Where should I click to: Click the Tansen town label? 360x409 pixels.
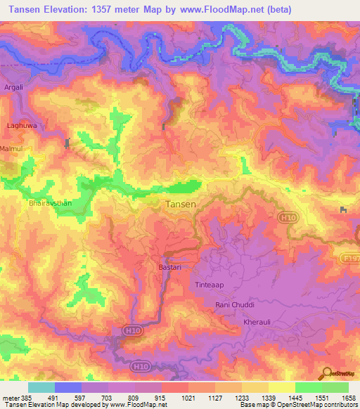[x=180, y=204]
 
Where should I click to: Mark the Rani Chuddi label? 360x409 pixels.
[x=234, y=305]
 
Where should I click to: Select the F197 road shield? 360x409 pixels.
[x=352, y=258]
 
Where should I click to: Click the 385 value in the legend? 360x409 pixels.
[x=22, y=398]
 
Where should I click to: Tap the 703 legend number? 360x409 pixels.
[x=105, y=398]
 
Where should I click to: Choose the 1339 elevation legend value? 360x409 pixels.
[x=269, y=398]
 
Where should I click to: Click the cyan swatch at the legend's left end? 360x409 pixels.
[x=41, y=387]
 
